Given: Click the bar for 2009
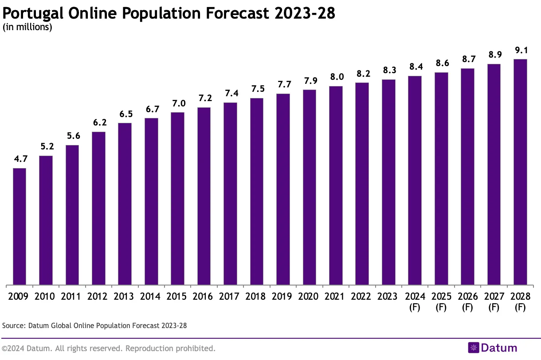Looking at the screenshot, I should [x=20, y=226].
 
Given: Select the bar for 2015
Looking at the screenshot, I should [x=177, y=198].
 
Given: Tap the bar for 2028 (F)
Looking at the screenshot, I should [x=520, y=172].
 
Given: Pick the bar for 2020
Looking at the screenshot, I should [x=310, y=187].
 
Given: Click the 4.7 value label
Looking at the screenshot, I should [x=20, y=159].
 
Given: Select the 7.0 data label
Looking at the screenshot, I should [x=177, y=103].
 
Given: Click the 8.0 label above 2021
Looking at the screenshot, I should [x=336, y=77].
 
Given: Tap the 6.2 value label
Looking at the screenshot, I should [x=98, y=123].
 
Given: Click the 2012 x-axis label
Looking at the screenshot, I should [x=98, y=297].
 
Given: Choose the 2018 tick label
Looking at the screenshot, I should [x=257, y=297].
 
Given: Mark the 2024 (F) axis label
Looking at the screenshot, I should [x=415, y=301].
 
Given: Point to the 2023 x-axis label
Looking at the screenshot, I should [x=388, y=297].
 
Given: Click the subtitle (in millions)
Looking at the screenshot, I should [x=27, y=27].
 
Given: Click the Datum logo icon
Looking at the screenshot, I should [x=474, y=348].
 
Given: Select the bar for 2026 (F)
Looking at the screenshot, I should [x=467, y=176].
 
